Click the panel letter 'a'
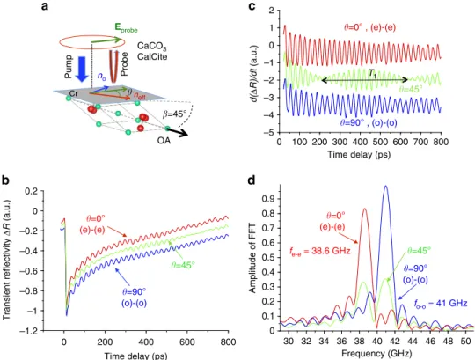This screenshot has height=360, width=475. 45,6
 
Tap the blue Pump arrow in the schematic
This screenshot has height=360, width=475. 82,68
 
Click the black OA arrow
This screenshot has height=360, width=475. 178,132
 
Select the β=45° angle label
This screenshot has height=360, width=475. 175,114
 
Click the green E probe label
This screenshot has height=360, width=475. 126,27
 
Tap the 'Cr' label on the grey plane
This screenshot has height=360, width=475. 74,93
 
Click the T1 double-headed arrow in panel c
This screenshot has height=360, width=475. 365,80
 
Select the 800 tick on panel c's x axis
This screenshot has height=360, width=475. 441,142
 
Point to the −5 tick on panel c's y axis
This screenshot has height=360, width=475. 269,133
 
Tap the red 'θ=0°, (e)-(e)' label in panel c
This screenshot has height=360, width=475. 369,27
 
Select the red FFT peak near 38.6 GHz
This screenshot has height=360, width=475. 364,209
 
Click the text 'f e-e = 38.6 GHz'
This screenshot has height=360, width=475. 319,251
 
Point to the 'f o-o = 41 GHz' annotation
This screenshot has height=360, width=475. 440,303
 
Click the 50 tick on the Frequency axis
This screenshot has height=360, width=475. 465,341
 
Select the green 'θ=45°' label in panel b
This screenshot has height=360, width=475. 183,265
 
